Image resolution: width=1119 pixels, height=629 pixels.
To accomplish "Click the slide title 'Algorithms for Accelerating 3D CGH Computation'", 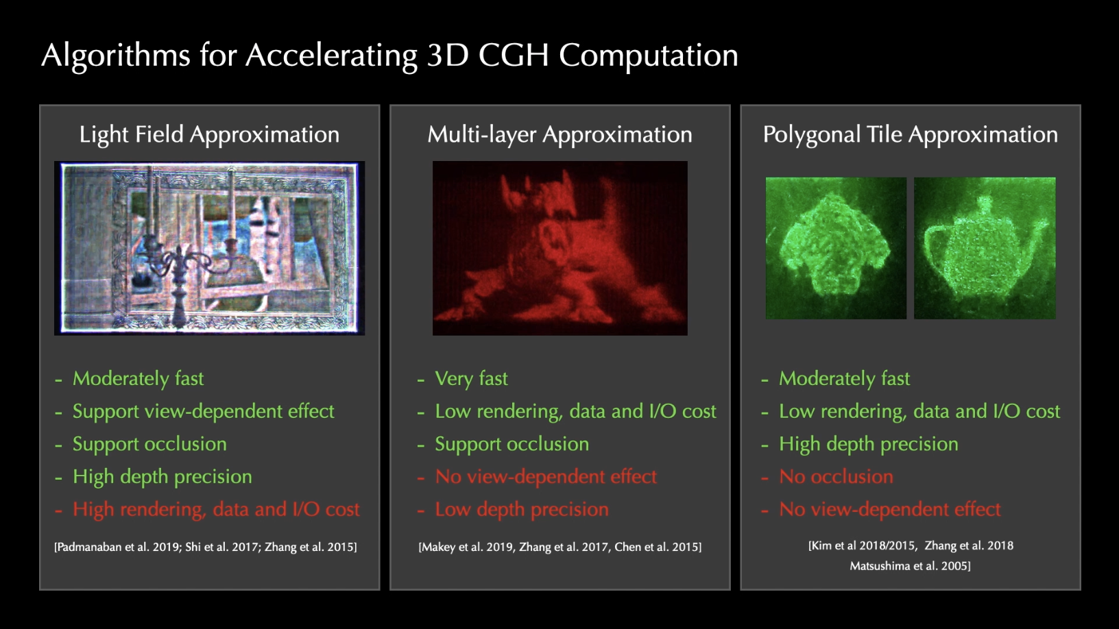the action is pos(389,56).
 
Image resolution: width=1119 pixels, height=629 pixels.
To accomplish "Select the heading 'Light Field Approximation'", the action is pos(209,135).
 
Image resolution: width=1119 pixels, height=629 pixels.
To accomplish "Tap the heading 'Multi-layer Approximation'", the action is pos(559,135).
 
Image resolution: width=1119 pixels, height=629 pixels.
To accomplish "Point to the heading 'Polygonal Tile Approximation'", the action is pos(910,135).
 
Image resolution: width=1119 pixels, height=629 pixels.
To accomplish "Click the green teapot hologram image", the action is pos(985,248).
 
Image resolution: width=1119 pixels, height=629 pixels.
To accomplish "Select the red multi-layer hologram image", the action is pos(560,248).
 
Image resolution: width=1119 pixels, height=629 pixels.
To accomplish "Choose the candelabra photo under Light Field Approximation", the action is pos(209,248).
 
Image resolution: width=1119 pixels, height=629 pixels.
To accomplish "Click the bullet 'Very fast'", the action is pos(471,379).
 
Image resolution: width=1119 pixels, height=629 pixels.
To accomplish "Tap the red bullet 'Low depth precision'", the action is pos(522,510).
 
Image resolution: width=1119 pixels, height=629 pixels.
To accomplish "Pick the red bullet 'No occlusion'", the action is pos(836,477).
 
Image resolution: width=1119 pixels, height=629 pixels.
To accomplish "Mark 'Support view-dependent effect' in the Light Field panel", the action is pos(204,412).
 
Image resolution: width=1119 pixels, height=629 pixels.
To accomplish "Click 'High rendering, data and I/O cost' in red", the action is pos(216,510).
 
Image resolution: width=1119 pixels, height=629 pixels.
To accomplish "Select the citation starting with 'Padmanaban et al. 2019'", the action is pos(205,547).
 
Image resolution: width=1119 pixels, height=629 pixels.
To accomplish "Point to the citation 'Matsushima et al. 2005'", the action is pos(910,566).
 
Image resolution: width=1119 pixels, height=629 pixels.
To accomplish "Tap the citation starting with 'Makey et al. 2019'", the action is pos(560,547).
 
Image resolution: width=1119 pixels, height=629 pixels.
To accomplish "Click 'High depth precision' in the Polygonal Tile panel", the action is pos(868,444).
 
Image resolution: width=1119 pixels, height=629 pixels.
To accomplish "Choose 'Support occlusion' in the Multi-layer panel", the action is pos(512,444).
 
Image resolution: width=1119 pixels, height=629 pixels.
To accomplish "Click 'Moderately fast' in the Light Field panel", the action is pos(138,379).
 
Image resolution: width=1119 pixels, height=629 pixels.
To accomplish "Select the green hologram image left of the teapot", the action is pos(836,248).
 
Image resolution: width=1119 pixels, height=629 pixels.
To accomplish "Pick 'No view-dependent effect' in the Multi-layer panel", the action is pos(546,477).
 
